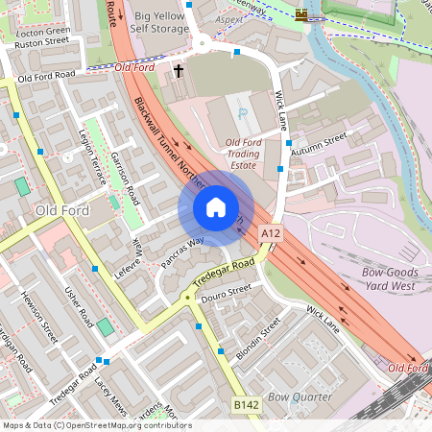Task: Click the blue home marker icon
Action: (216, 207)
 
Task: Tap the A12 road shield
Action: (271, 233)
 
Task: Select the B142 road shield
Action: (247, 406)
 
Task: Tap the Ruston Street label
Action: (43, 42)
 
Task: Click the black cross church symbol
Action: (178, 71)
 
